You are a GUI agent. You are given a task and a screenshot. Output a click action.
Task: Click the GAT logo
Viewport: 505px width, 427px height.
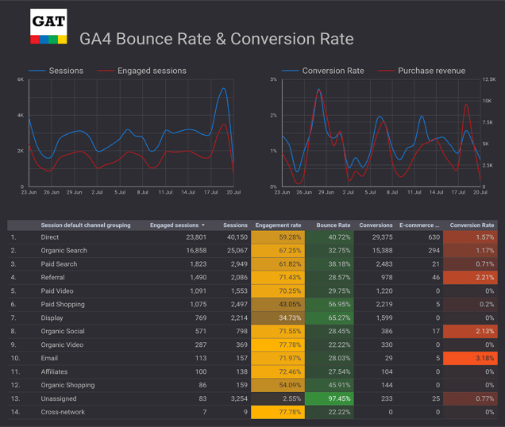point(48,27)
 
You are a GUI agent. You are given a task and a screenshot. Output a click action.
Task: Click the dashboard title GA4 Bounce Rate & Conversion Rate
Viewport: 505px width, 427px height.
point(216,39)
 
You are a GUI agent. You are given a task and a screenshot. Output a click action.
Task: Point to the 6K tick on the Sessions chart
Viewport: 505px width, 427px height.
point(20,80)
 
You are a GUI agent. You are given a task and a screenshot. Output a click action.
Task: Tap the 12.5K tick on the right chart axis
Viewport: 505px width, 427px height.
point(488,80)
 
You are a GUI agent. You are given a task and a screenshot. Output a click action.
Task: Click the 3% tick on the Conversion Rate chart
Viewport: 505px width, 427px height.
point(273,80)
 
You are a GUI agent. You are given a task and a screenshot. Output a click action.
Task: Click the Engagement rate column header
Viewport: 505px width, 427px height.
point(277,225)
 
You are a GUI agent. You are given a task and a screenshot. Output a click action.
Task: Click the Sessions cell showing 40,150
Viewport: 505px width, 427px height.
point(236,237)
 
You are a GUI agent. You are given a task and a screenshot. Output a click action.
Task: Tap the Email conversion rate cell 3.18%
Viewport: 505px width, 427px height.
point(471,357)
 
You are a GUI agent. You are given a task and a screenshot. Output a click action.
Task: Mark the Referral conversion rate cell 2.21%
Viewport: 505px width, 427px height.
point(471,277)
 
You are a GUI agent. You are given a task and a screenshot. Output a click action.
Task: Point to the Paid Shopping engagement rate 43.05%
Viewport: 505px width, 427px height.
point(278,304)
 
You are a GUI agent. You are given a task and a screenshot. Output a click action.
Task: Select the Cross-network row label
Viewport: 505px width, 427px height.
point(63,411)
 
